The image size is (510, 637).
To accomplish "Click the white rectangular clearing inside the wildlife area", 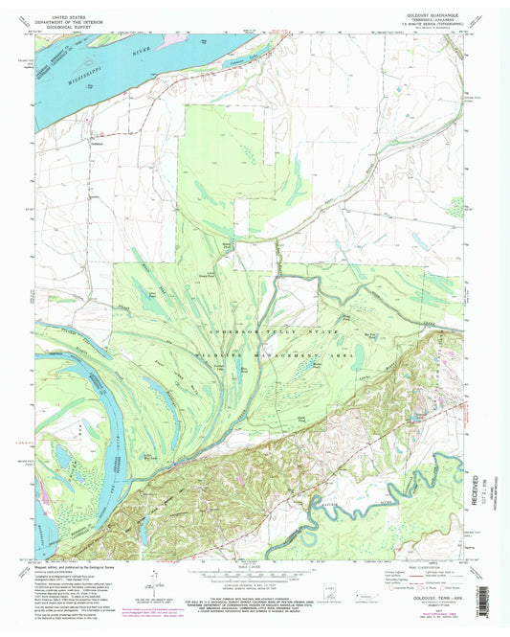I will coord(253,256).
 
